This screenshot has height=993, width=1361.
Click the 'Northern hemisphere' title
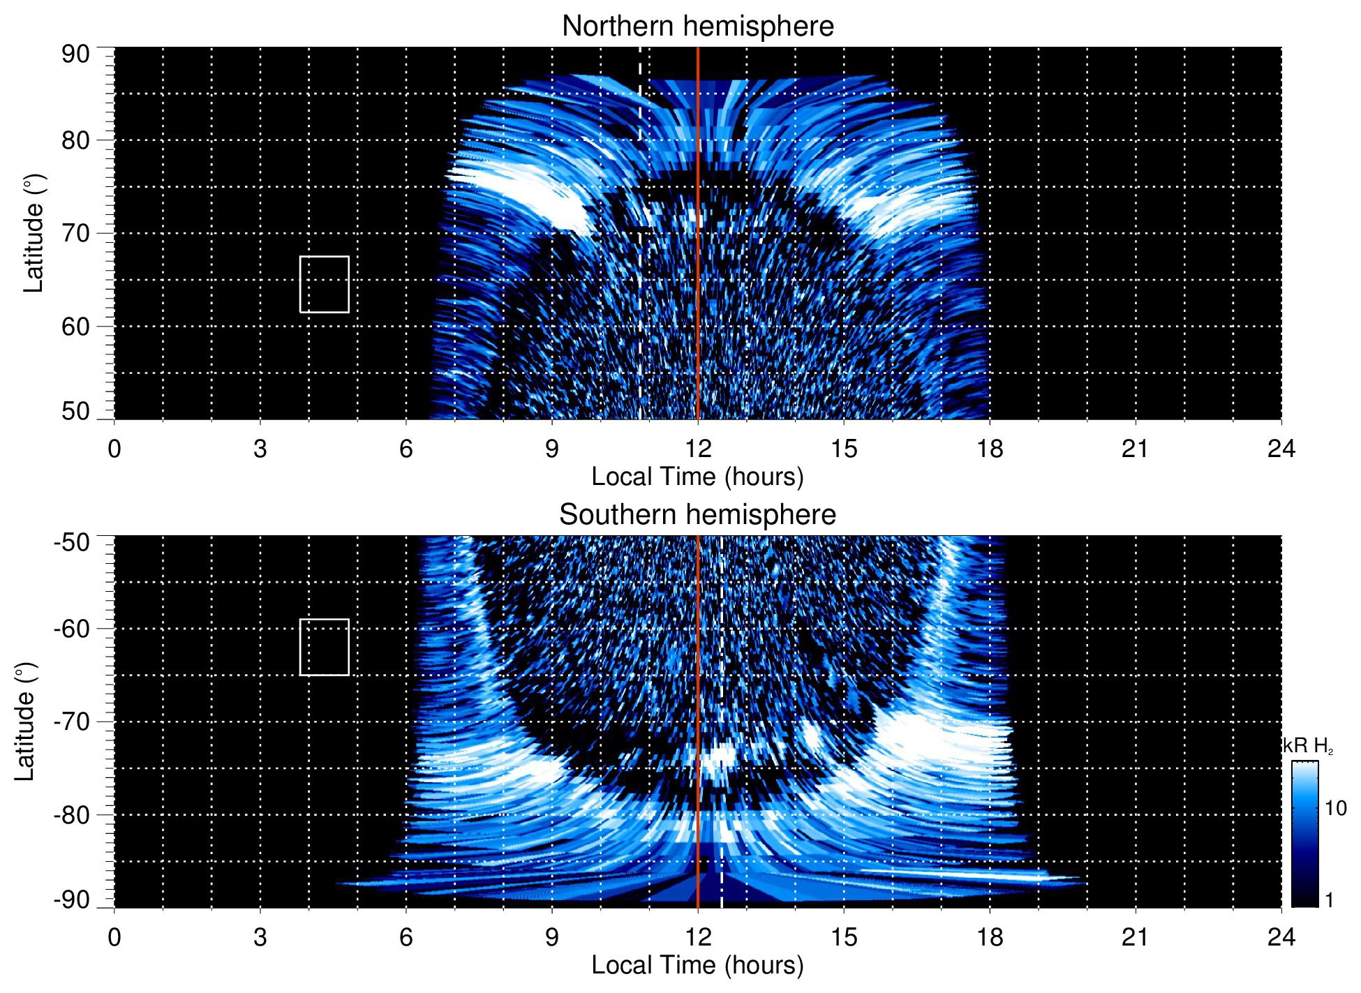coord(697,27)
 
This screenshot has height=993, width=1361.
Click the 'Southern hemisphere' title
coord(697,515)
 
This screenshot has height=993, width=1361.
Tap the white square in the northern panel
coord(325,284)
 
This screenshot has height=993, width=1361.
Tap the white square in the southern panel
coord(325,647)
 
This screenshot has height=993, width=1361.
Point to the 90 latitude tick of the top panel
coord(75,54)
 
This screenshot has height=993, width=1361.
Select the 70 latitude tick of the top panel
coord(75,233)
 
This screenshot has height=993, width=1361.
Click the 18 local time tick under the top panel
coord(989,449)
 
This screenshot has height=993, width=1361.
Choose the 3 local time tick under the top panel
coord(260,449)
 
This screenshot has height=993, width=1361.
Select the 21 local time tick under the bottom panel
coord(1135,936)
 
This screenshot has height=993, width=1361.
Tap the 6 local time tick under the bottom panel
coord(406,936)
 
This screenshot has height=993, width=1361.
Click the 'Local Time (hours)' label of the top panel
coord(697,477)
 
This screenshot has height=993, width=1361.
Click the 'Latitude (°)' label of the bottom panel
coord(25,722)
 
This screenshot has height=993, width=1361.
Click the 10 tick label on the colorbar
coord(1335,808)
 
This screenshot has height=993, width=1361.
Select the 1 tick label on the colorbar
coord(1329,900)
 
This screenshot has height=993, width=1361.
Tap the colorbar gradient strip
coord(1304,834)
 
